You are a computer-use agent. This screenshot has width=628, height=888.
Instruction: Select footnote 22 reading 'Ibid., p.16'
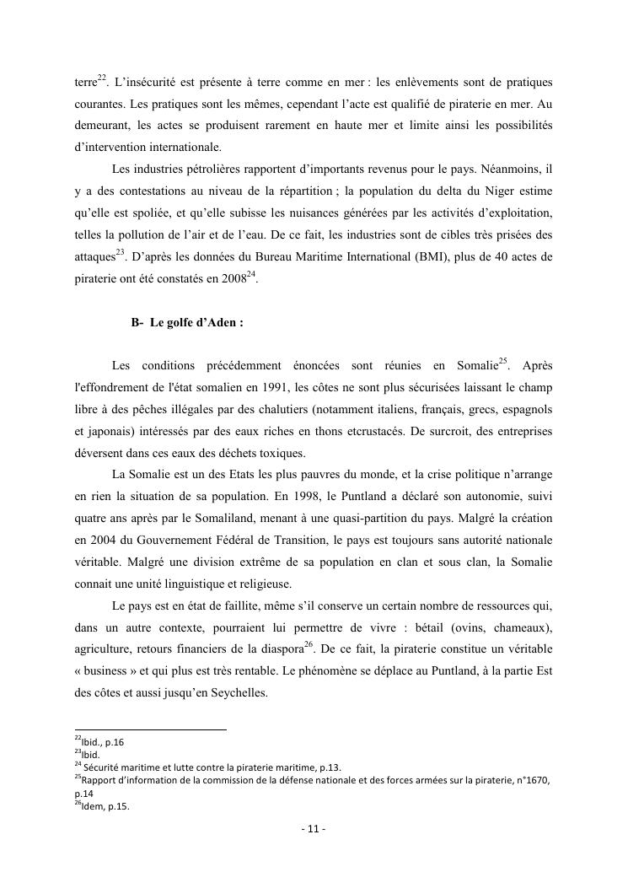coord(101,742)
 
